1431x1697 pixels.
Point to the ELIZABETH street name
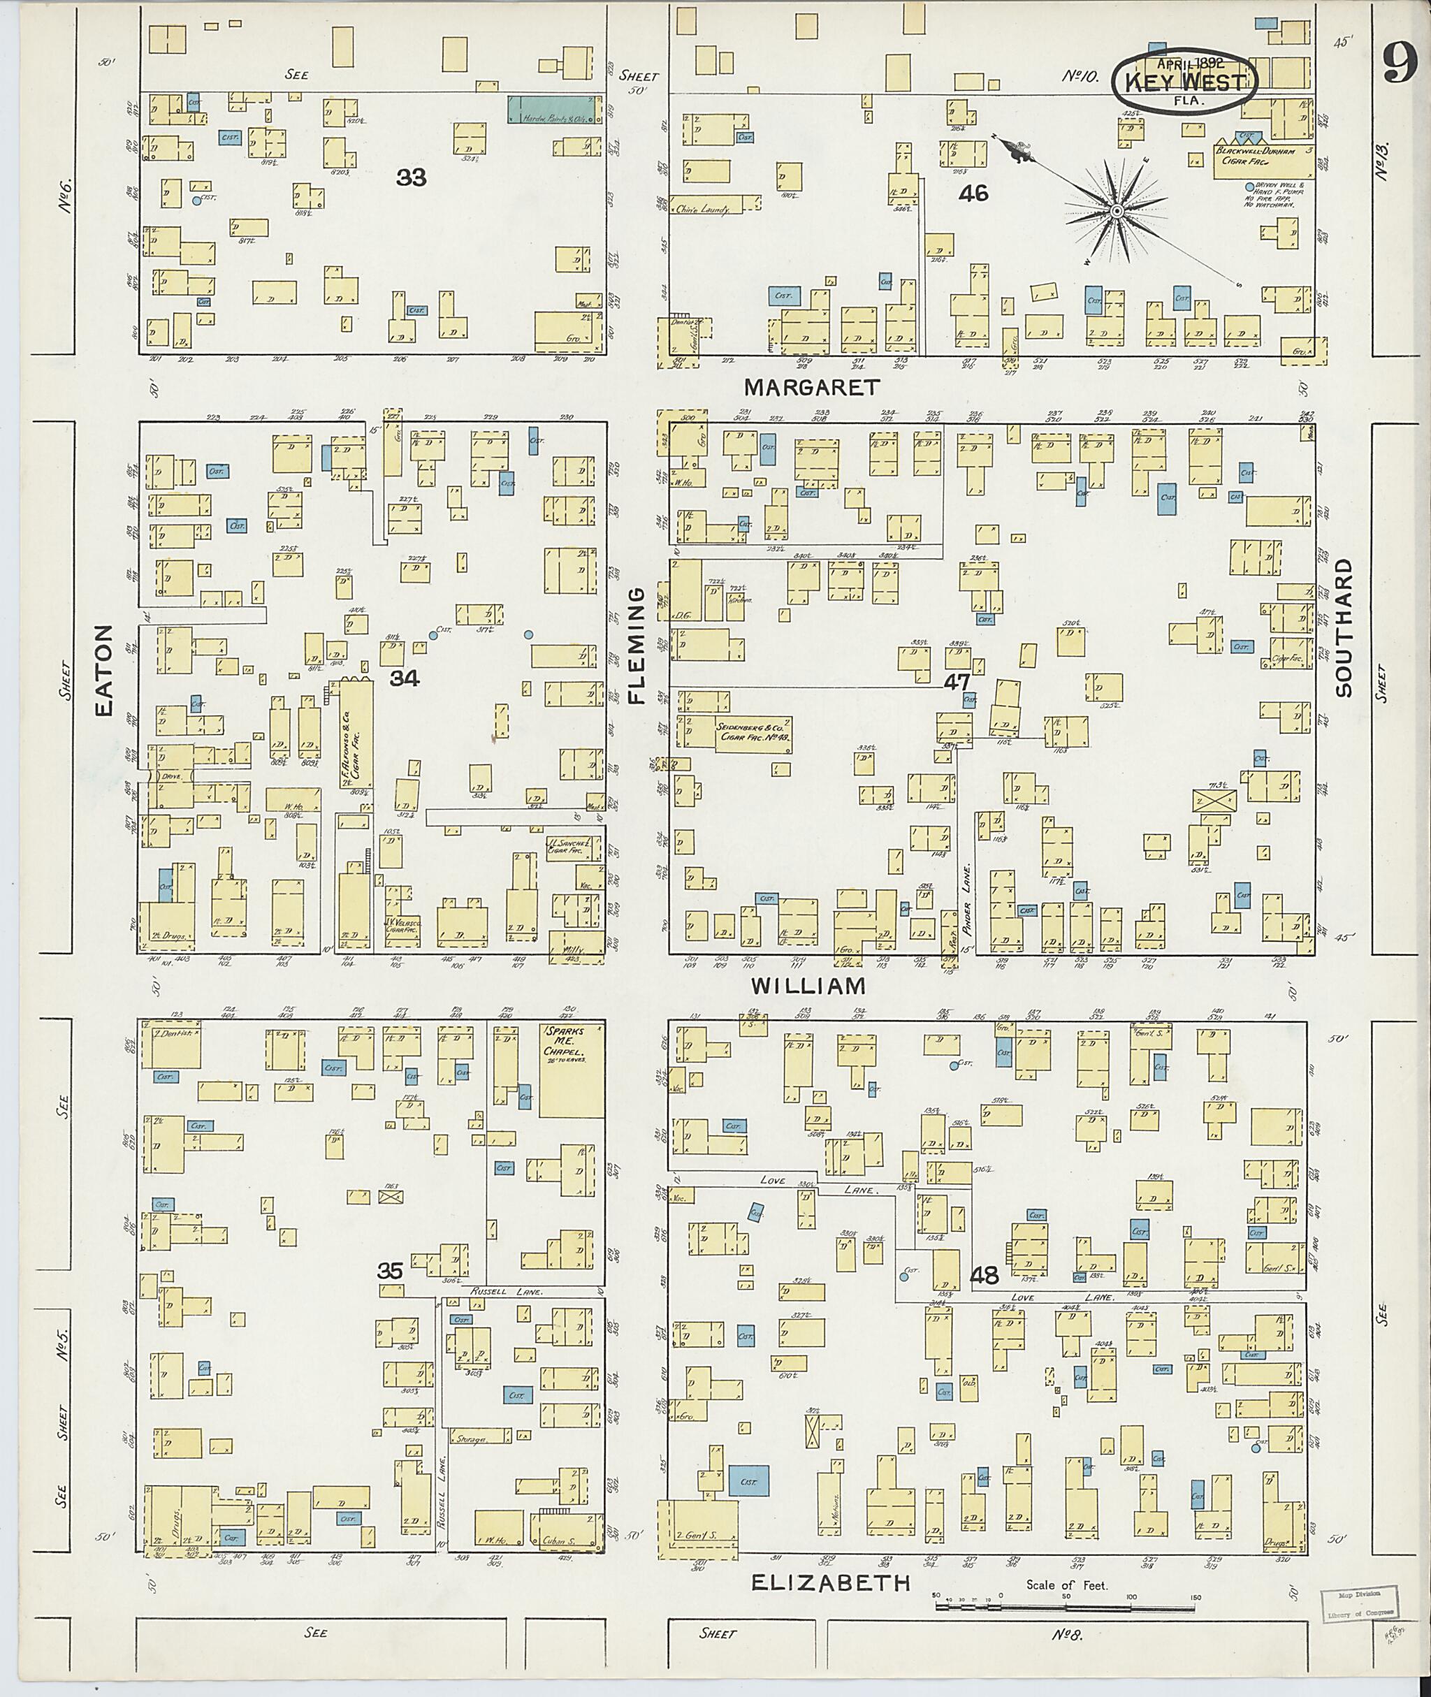tap(830, 1582)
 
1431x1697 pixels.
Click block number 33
tap(412, 177)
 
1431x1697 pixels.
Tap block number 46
tap(973, 193)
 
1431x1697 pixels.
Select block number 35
tap(390, 1271)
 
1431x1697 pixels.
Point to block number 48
tap(985, 1276)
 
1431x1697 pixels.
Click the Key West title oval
tap(1184, 82)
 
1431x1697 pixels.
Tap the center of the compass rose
tap(1117, 211)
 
